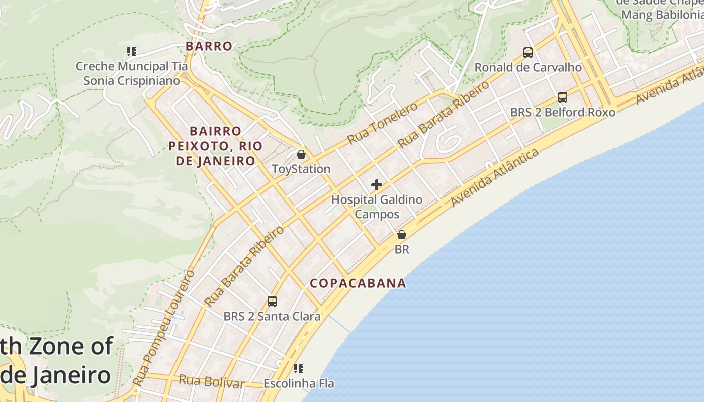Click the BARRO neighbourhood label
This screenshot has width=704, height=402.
[209, 46]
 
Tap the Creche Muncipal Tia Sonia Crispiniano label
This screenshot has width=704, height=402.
[132, 73]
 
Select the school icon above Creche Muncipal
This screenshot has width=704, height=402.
[132, 51]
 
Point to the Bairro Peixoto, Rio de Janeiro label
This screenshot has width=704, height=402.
[216, 146]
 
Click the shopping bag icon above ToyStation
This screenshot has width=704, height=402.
[301, 154]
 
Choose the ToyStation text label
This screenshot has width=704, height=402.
[301, 169]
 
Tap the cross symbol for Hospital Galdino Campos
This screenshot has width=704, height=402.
[377, 185]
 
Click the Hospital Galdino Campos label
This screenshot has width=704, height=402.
[377, 207]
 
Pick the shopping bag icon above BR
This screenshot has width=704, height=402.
[402, 235]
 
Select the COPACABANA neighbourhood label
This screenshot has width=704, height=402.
[358, 283]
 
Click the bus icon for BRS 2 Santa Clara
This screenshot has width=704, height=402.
[272, 301]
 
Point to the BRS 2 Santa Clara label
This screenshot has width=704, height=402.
[272, 316]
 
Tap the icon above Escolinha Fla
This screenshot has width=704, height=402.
[299, 369]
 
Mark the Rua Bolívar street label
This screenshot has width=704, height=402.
[212, 382]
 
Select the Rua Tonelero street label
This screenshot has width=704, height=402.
[383, 123]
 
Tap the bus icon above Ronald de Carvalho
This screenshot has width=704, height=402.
[528, 52]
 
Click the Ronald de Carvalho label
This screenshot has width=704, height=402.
[528, 67]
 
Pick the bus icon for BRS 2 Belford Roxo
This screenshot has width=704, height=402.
[563, 97]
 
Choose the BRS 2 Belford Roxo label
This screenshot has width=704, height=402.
[563, 112]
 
